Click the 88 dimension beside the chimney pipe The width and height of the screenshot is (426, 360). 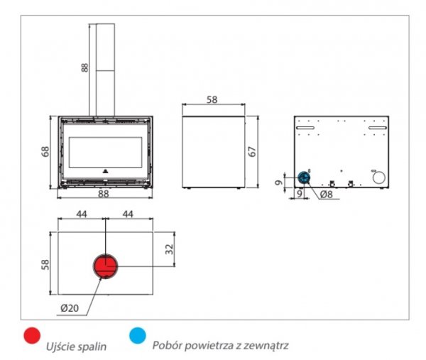tap(84, 67)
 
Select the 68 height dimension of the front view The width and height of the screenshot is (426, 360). tap(45, 152)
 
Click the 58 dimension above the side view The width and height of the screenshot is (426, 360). tap(212, 100)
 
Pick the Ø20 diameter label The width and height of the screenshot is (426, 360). tap(70, 307)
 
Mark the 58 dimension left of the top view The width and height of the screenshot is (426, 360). tap(45, 264)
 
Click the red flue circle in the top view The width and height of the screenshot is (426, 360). tap(105, 266)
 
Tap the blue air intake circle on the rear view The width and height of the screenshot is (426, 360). tap(303, 177)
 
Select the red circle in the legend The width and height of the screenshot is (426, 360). tap(31, 335)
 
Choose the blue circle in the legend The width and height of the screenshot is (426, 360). tap(137, 335)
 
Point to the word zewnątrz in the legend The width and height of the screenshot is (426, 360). tap(266, 346)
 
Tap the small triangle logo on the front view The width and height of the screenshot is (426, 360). tap(104, 171)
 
